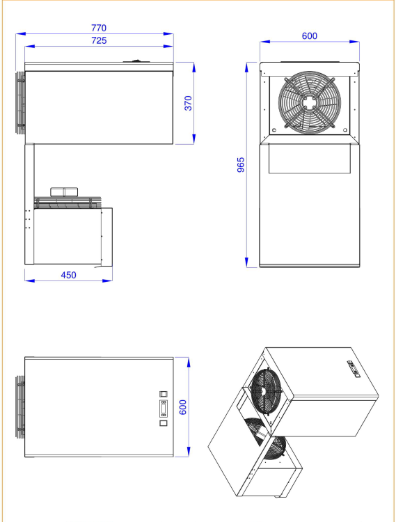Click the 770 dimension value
(99, 28)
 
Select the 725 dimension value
(99, 40)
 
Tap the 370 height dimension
(188, 103)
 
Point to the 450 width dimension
(68, 275)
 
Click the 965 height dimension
(241, 165)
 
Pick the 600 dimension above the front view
(310, 36)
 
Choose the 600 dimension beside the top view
(183, 407)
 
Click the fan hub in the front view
(310, 102)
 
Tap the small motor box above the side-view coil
(64, 192)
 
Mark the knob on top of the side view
(136, 61)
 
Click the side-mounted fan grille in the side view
(20, 102)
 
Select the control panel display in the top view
(164, 409)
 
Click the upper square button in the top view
(164, 394)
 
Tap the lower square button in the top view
(164, 423)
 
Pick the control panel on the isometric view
(354, 369)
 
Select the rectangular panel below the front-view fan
(310, 159)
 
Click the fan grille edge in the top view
(20, 407)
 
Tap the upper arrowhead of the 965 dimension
(246, 68)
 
